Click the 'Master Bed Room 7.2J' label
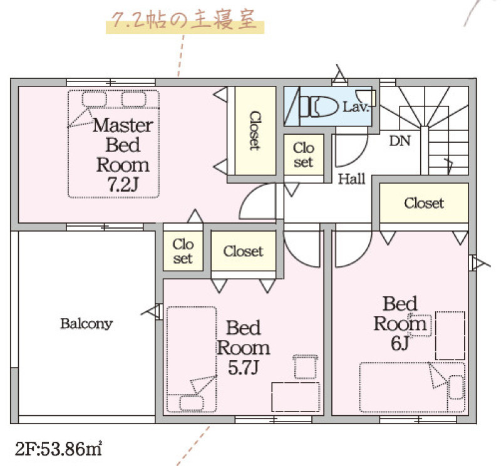pos(123,155)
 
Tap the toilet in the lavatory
pos(319,106)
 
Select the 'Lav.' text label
pos(356,106)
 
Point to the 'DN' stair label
pos(400,141)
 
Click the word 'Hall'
pos(351,179)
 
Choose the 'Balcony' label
pos(86,324)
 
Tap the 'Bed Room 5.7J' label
pos(243,348)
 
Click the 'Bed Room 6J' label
pos(400,323)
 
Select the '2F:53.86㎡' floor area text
pos(58,448)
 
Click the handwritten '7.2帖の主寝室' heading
pos(184,20)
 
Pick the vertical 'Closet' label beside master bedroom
pos(255,130)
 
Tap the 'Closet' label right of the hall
pos(424,203)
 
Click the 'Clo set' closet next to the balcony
pos(183,252)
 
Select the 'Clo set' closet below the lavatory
pos(304,155)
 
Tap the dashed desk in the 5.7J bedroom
pos(296,397)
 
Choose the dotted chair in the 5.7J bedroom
pos(305,366)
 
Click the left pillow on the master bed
pos(94,99)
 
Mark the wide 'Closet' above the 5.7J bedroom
pos(243,251)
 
